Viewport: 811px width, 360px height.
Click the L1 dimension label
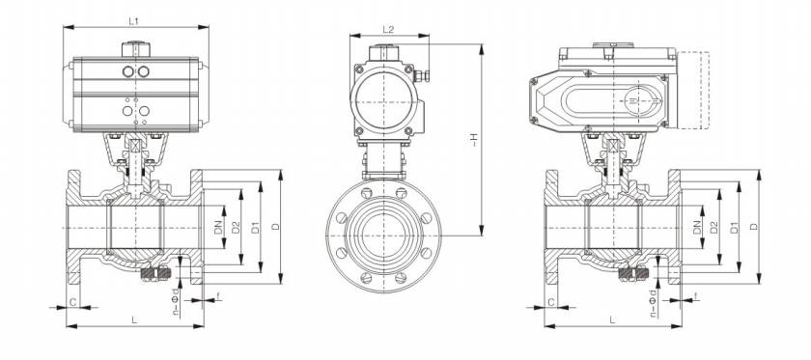click(x=133, y=21)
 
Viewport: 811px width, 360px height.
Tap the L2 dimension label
click(x=388, y=30)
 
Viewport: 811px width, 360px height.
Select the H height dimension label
click(x=473, y=139)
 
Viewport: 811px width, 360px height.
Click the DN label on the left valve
click(x=218, y=227)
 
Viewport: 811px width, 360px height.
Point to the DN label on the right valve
click(x=696, y=227)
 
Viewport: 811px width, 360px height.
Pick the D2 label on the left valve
click(x=237, y=227)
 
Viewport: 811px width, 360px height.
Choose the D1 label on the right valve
click(x=734, y=227)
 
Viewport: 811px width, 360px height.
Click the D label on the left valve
click(x=276, y=227)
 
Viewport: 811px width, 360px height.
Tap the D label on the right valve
click(x=754, y=227)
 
